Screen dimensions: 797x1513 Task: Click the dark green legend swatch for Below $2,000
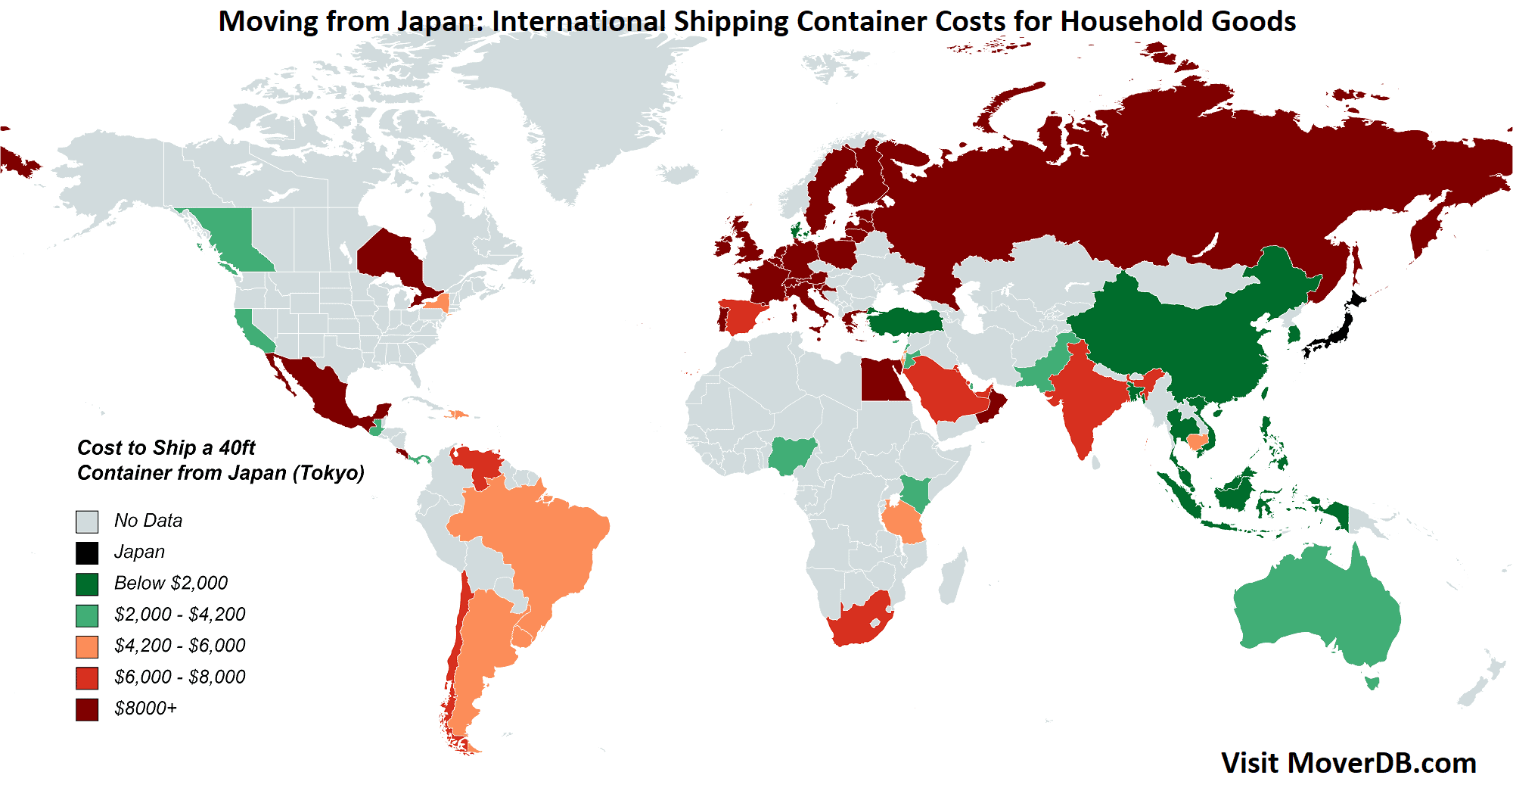click(87, 584)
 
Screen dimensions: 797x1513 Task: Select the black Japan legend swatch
click(87, 553)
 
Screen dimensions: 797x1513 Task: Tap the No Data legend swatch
click(87, 521)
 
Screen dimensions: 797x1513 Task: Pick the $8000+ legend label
click(145, 708)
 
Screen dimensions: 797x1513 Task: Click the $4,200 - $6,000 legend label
click(179, 646)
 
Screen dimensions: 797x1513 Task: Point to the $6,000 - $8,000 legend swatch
click(87, 677)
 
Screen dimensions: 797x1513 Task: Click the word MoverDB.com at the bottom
click(1381, 763)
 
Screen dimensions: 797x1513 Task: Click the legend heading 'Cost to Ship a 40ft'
click(166, 448)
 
